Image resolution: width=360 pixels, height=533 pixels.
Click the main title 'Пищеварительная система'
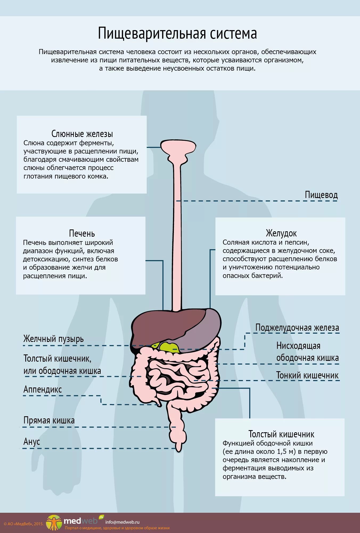point(177,34)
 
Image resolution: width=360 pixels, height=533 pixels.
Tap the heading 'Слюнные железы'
point(82,134)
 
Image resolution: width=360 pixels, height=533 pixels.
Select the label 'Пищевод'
point(321,195)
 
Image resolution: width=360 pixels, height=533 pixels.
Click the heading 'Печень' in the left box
point(82,233)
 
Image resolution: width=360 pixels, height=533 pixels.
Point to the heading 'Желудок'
point(281,233)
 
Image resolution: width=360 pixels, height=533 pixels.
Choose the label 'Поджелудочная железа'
point(297,328)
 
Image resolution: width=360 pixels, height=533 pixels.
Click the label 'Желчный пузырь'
point(54,339)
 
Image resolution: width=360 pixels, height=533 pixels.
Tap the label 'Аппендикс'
point(43,389)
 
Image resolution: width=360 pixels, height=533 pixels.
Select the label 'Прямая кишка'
point(49,420)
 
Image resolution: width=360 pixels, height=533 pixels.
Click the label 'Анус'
point(32,442)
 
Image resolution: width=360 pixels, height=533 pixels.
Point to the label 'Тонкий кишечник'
point(307,375)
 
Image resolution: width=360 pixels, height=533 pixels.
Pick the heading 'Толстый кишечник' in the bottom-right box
point(281,434)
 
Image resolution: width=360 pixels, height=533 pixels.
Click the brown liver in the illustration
point(165,325)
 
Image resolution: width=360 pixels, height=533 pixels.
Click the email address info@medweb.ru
point(122,522)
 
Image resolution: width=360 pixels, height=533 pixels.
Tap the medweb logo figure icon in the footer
point(54,523)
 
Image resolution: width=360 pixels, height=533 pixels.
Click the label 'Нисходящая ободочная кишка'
point(307,352)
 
